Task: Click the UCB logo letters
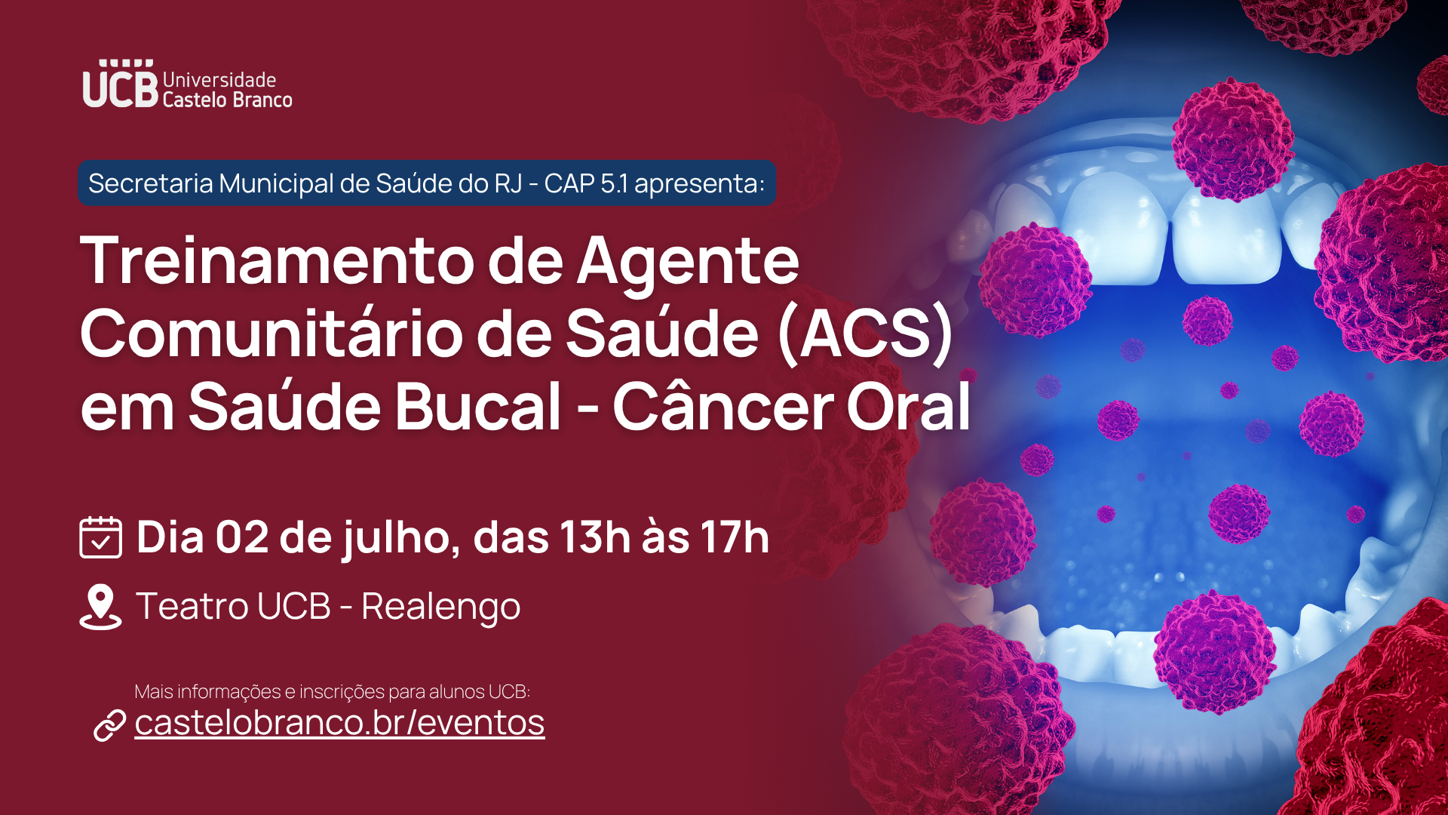coord(121,85)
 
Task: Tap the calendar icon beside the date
coord(100,537)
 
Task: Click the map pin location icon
coord(100,607)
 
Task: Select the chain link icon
coord(109,725)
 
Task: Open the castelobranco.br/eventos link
coord(339,722)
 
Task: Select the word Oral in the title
coord(908,407)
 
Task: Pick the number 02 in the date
coord(242,537)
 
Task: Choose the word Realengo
coord(441,607)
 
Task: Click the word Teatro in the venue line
coord(192,606)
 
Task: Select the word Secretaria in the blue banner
coord(151,183)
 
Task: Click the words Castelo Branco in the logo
coord(227,100)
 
